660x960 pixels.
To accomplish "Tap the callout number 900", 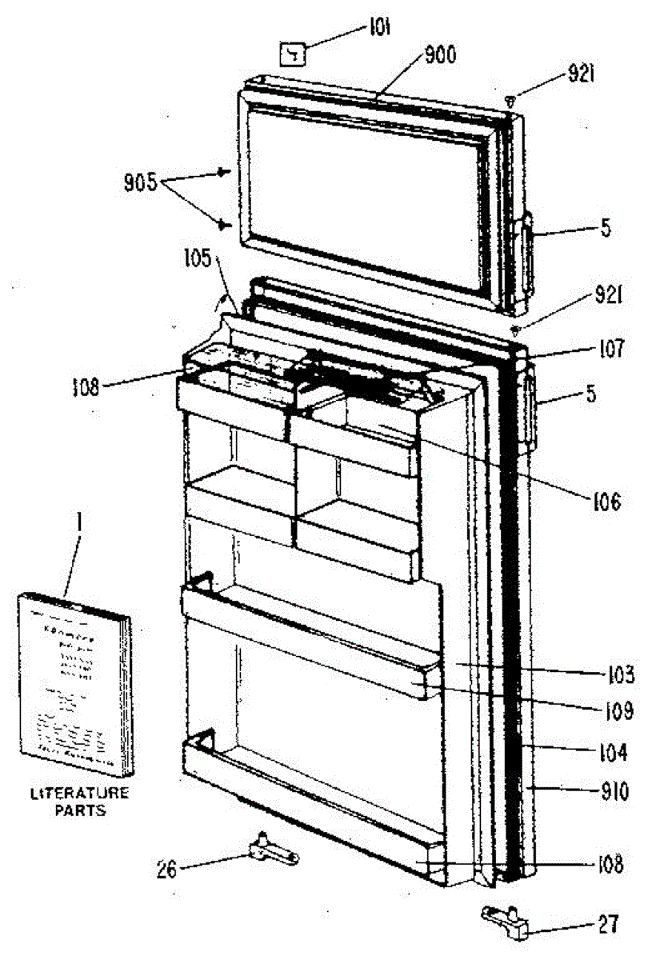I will click(x=439, y=54).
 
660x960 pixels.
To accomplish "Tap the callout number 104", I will click(x=611, y=752).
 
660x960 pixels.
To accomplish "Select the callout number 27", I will click(x=608, y=925).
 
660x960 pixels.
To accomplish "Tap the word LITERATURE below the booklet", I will click(x=78, y=794).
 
